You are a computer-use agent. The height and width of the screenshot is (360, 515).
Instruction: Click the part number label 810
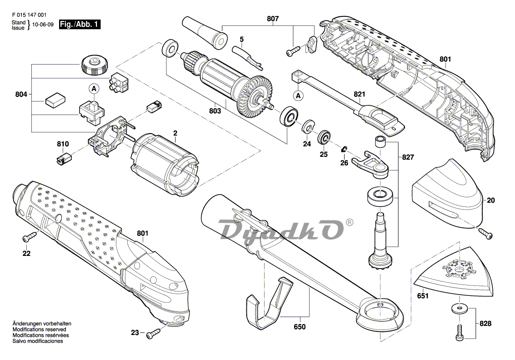click(x=63, y=144)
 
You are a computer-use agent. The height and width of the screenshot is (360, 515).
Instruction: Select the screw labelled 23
click(x=154, y=334)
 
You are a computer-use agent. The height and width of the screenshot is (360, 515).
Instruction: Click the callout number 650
click(x=300, y=327)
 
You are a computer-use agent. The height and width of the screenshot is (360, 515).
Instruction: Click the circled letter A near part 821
click(x=298, y=95)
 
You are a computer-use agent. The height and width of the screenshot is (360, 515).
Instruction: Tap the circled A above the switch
click(x=94, y=88)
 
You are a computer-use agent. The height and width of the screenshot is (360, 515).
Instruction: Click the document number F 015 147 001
click(x=29, y=15)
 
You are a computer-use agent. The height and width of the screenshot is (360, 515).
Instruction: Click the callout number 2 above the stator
click(x=175, y=133)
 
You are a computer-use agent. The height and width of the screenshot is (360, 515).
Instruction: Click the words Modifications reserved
click(x=39, y=329)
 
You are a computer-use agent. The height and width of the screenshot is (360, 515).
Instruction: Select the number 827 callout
click(x=408, y=157)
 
